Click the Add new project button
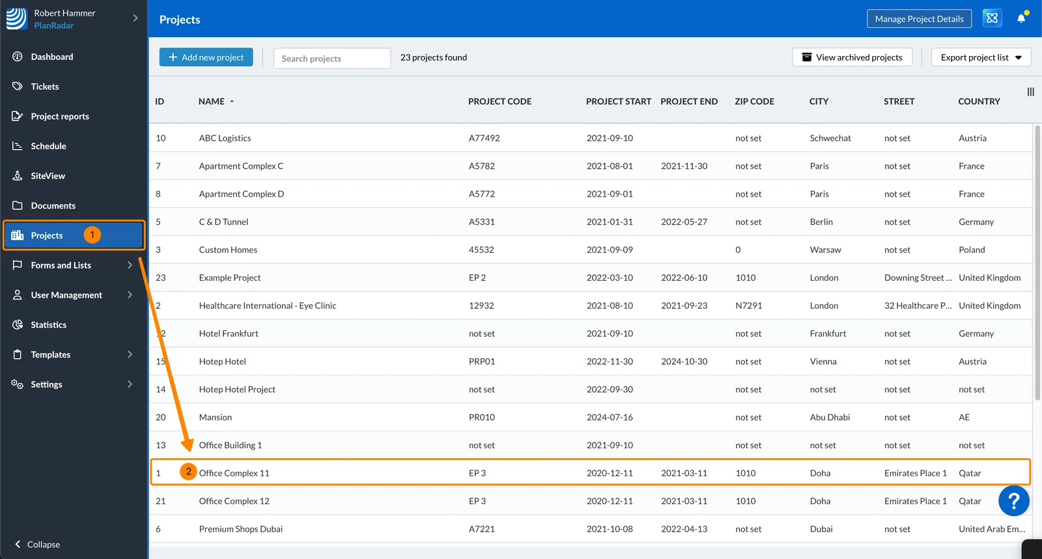pyautogui.click(x=206, y=57)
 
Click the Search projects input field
pyautogui.click(x=332, y=58)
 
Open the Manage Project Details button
pyautogui.click(x=919, y=19)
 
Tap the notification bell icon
pyautogui.click(x=1021, y=18)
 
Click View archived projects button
pyautogui.click(x=852, y=57)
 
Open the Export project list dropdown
pyautogui.click(x=981, y=57)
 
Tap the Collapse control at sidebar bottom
pyautogui.click(x=37, y=544)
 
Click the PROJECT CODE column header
pyautogui.click(x=500, y=101)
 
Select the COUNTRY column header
pyautogui.click(x=979, y=101)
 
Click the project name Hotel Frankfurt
pyautogui.click(x=229, y=334)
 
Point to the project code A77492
pyautogui.click(x=485, y=137)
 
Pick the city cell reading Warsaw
pyautogui.click(x=825, y=250)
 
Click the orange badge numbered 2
pyautogui.click(x=188, y=472)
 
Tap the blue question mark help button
pyautogui.click(x=1013, y=501)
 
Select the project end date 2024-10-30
pyautogui.click(x=684, y=361)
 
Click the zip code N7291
pyautogui.click(x=748, y=306)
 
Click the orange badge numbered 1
pyautogui.click(x=92, y=235)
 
